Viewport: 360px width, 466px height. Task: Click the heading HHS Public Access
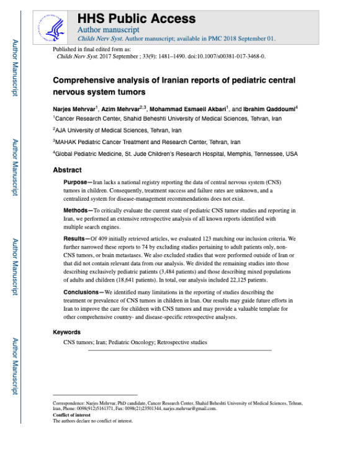(136, 19)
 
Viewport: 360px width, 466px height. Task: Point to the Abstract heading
(67, 169)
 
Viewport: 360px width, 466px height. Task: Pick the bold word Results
(76, 238)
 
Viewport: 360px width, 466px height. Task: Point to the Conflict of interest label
(73, 416)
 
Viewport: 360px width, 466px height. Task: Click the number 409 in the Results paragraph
(107, 238)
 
